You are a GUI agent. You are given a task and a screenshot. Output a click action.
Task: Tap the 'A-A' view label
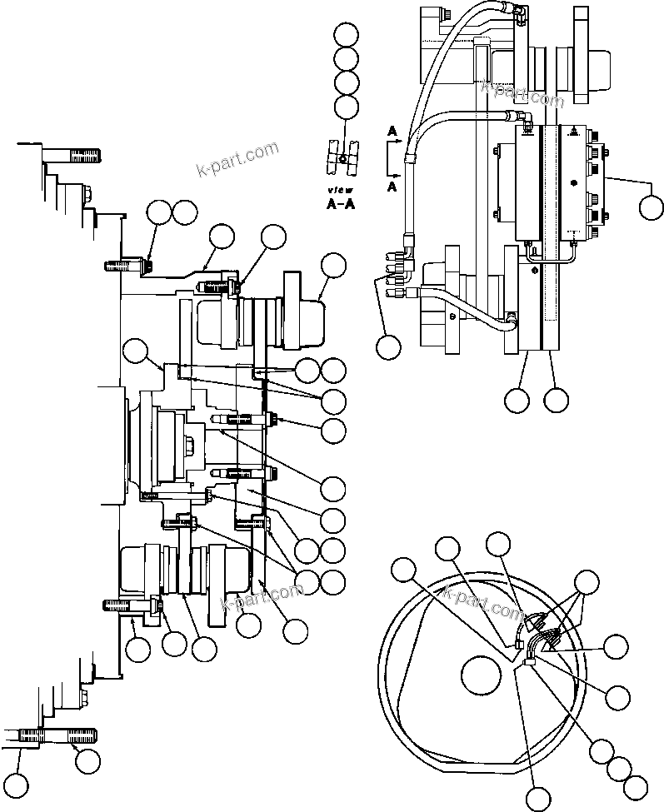340,204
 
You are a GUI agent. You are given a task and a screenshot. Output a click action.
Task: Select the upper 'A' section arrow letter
391,131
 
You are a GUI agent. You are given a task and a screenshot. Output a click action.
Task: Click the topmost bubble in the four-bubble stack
346,35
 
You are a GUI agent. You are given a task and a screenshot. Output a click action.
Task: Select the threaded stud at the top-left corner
72,155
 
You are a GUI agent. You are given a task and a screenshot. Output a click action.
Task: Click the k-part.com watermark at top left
237,161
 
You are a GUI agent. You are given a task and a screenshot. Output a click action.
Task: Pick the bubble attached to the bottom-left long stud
87,759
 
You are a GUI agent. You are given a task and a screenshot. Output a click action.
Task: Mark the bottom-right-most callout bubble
636,786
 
